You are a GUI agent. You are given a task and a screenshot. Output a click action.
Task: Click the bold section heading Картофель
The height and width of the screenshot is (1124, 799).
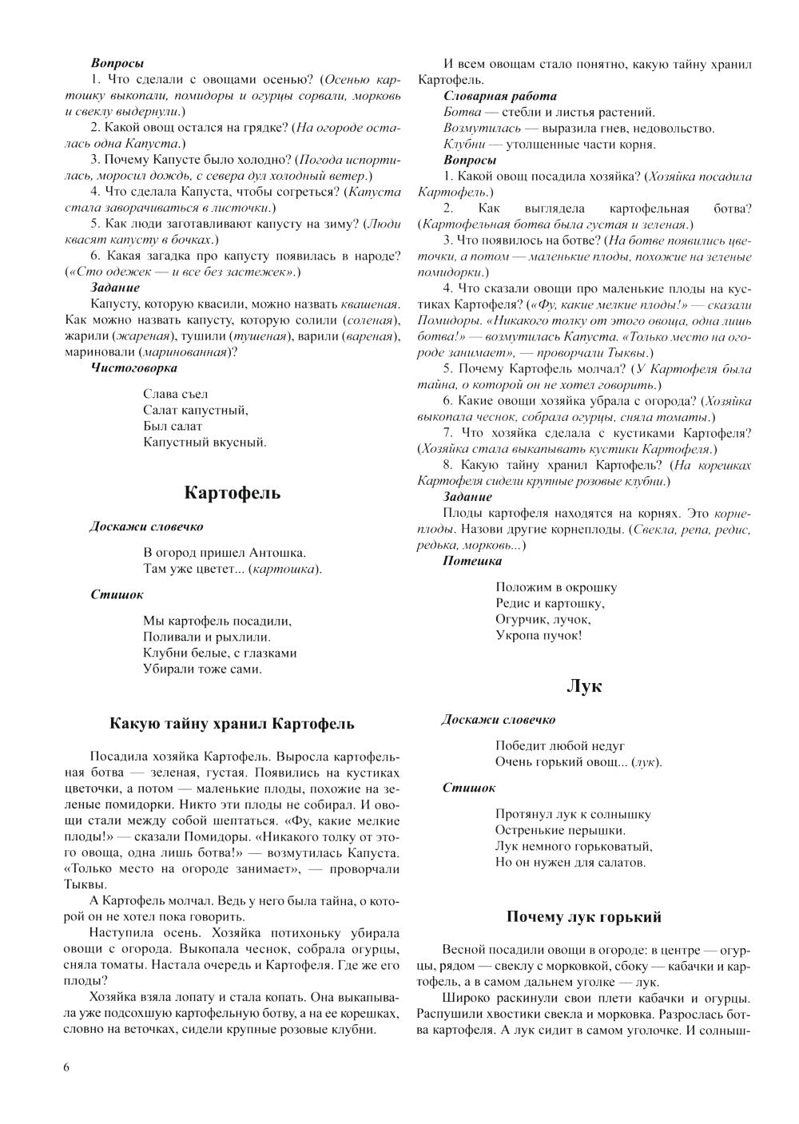tap(233, 493)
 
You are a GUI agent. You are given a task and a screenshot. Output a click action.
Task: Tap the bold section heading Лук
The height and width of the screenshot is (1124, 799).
tap(583, 686)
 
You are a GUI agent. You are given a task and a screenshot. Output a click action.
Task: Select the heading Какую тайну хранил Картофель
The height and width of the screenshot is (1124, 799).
tap(232, 724)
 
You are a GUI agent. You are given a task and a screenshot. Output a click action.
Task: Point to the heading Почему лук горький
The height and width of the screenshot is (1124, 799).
tap(584, 916)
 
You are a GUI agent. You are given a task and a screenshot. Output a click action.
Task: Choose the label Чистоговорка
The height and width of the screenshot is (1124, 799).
tap(134, 367)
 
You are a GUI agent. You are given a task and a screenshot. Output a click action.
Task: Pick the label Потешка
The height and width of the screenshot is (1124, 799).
tap(472, 561)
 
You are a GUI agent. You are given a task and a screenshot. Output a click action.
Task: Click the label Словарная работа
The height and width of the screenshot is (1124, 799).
tap(489, 96)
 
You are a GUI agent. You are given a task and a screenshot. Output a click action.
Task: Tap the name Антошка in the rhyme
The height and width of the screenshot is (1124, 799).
tap(278, 552)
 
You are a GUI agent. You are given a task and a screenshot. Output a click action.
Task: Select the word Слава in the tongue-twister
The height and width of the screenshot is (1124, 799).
tap(159, 394)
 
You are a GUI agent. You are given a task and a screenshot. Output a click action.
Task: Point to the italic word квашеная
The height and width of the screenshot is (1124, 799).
tap(370, 304)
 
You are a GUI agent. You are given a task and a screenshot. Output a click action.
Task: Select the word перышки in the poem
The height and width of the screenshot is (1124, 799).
tap(596, 830)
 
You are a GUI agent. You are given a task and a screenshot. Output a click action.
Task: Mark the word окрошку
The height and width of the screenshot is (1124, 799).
tap(590, 587)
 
